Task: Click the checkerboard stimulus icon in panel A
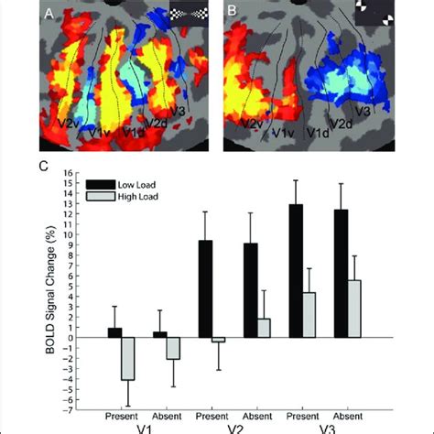[x=190, y=13]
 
